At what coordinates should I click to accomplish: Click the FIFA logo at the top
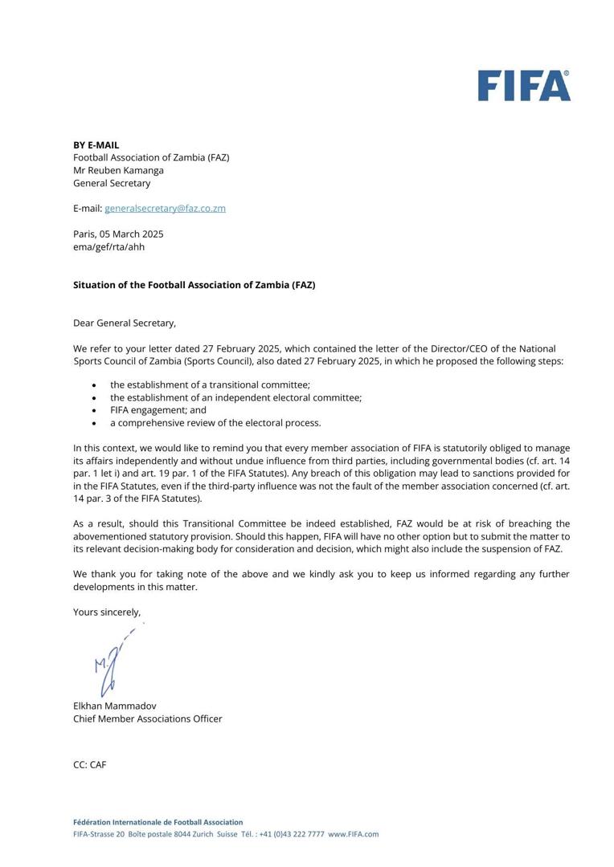524,86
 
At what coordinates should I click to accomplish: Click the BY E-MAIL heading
96,145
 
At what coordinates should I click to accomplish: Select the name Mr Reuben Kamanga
118,170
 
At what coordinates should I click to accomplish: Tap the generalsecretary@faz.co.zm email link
165,208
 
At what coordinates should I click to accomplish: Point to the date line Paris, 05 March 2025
118,234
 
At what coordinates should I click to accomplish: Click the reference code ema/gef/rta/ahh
109,246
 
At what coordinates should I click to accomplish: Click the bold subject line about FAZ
194,285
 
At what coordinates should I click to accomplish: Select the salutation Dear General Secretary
125,323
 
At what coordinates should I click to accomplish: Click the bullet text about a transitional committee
210,385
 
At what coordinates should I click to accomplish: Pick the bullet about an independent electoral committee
235,397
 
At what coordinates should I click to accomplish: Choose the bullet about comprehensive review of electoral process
215,423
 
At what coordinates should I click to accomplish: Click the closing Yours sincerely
107,612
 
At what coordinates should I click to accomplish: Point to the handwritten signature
112,662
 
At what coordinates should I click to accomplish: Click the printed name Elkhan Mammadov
115,706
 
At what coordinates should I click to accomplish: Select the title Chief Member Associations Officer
148,718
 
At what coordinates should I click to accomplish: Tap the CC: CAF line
89,765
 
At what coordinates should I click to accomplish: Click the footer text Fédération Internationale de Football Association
158,822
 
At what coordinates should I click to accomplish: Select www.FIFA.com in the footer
353,834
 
